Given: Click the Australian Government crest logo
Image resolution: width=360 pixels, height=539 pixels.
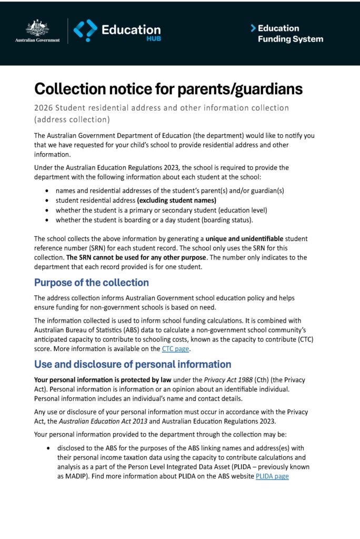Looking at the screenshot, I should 37,29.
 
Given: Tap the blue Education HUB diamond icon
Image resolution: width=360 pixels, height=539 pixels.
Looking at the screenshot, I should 85,31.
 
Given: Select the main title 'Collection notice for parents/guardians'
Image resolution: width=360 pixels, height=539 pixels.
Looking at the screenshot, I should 168,89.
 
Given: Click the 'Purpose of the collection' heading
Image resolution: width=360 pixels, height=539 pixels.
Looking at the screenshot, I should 92,283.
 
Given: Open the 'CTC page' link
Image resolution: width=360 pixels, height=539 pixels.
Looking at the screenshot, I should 176,348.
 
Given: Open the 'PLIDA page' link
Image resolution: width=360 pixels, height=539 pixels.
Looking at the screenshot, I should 272,476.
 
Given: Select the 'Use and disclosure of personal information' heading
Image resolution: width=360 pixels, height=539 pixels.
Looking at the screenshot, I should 133,364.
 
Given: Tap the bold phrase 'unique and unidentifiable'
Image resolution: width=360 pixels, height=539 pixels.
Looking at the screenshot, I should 244,238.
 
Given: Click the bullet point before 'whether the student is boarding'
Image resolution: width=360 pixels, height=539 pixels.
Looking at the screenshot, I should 48,220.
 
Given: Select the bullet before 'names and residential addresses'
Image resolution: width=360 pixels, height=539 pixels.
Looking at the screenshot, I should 48,191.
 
